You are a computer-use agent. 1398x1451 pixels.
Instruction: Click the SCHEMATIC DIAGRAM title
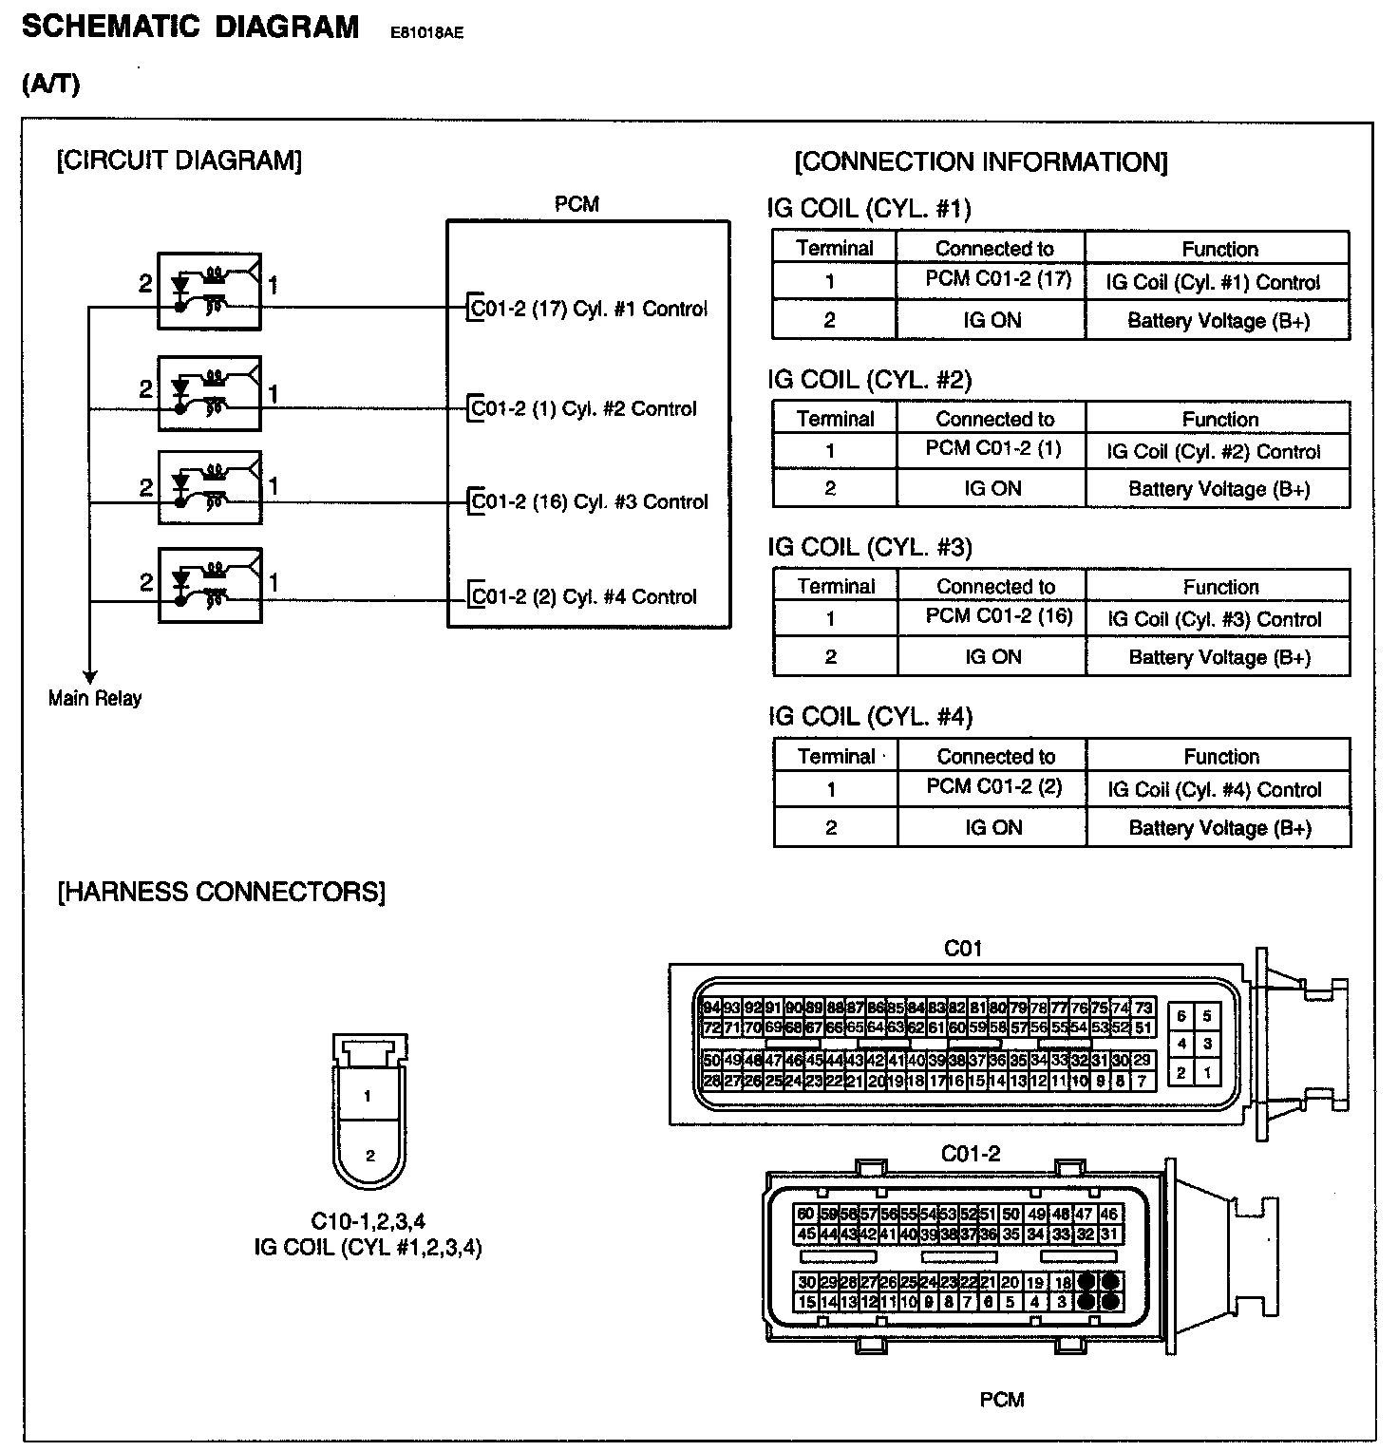click(190, 27)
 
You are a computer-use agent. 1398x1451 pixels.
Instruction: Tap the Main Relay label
click(95, 699)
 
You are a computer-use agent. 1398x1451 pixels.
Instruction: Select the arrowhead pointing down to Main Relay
click(89, 676)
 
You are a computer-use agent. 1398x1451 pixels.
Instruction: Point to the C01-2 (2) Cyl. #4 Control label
click(584, 597)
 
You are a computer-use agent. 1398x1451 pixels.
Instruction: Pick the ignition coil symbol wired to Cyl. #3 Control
click(209, 487)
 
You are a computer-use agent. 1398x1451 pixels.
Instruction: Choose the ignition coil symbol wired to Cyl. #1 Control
click(209, 292)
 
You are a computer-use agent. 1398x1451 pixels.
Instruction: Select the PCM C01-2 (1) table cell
click(993, 448)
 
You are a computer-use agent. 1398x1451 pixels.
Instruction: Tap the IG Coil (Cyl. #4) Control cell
click(1215, 790)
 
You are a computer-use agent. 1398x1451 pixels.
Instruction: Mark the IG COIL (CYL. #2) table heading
click(869, 381)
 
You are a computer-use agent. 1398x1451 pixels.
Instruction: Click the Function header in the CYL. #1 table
click(1219, 249)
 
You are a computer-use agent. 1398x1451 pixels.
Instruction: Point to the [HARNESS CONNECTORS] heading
click(221, 893)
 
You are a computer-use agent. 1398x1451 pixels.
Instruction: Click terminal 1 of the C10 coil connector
click(368, 1097)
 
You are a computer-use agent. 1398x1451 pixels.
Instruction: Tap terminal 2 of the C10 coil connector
click(369, 1156)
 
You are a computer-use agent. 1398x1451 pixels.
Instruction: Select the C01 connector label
click(963, 949)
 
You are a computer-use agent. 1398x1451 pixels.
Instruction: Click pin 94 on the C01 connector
click(710, 1008)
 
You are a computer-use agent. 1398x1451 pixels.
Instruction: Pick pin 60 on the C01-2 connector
click(805, 1215)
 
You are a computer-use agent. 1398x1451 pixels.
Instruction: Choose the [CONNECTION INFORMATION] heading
click(981, 162)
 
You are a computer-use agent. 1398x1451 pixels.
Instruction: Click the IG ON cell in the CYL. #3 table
click(993, 657)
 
